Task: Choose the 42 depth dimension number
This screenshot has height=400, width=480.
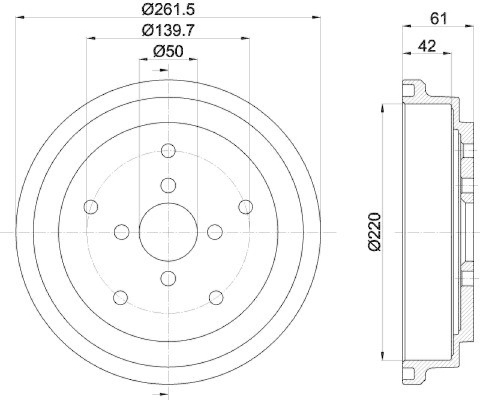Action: coord(428,45)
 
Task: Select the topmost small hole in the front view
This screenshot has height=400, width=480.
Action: coord(169,150)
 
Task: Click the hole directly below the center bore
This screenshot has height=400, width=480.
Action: coord(169,277)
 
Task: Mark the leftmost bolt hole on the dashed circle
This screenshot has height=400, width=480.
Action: coord(91,207)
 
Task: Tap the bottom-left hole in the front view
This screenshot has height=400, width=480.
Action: coord(121,297)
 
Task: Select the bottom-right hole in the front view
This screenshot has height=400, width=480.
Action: coord(216,297)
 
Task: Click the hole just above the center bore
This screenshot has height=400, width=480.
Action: coord(169,185)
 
